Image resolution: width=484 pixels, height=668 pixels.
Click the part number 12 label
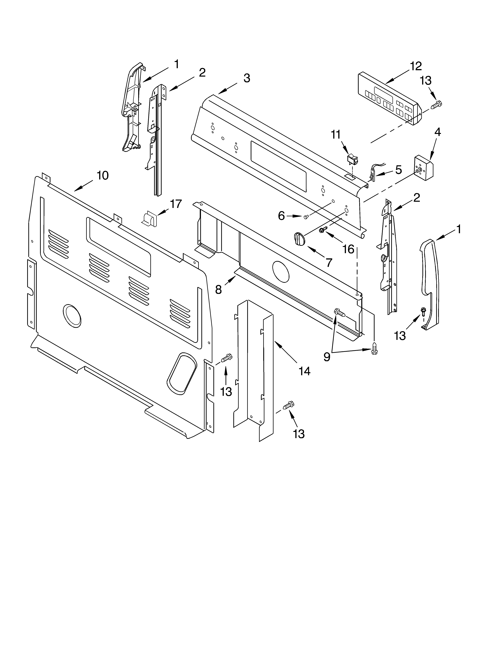point(416,67)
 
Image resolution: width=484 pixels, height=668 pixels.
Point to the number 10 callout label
point(103,176)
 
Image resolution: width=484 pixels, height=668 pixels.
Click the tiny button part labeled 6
point(306,217)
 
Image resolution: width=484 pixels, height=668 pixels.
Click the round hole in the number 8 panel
point(281,270)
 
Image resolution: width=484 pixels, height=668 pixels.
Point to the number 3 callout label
point(247,78)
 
